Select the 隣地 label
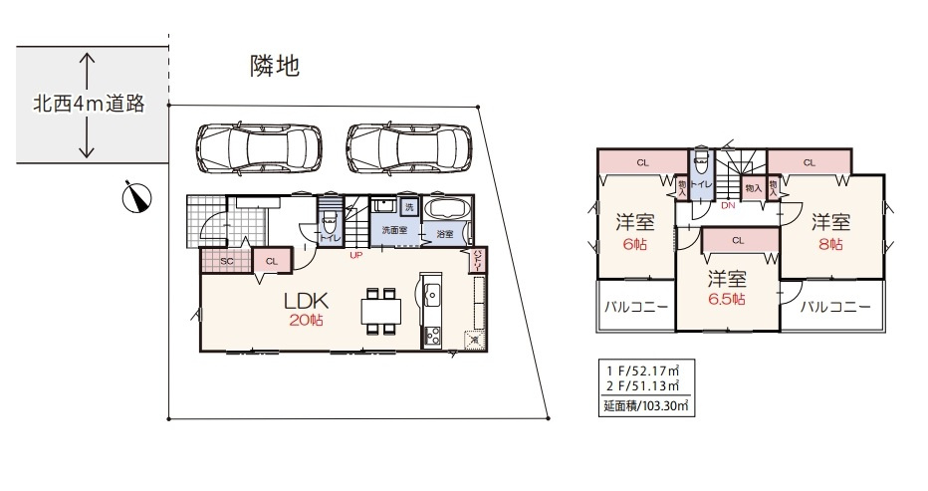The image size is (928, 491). [x=275, y=67]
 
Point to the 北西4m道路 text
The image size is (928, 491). [x=89, y=103]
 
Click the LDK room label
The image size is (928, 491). [x=307, y=300]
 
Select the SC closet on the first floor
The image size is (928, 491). [x=226, y=260]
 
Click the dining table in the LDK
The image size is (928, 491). [x=377, y=313]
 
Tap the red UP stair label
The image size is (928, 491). [x=353, y=255]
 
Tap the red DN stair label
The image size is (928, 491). [x=728, y=206]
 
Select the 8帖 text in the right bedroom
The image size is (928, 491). [x=828, y=244]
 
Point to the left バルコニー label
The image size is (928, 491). [x=636, y=307]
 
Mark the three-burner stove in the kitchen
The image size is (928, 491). [x=433, y=336]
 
